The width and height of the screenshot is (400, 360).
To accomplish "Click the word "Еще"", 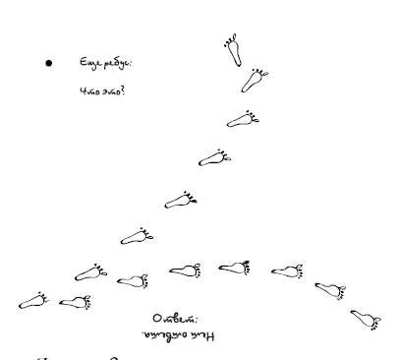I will click(x=87, y=64).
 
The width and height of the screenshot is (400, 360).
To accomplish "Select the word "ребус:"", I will click(x=117, y=65).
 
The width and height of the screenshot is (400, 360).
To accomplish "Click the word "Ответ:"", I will click(x=175, y=318).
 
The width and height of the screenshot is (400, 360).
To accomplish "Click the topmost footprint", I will click(x=233, y=50).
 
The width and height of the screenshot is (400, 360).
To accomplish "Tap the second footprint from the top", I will click(x=257, y=81).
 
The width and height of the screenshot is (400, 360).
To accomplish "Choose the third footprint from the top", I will click(x=242, y=119).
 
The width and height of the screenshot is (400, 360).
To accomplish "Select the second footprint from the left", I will click(x=75, y=301).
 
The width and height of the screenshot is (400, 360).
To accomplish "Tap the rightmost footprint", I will click(x=365, y=319).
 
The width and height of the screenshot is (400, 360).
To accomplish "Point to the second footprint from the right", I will click(x=332, y=289).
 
